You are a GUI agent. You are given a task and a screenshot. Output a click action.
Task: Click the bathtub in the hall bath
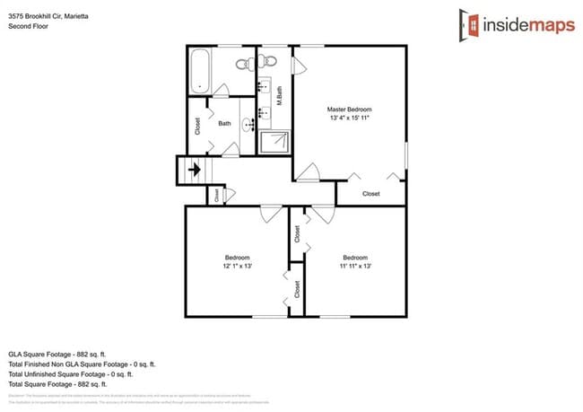tap(198, 71)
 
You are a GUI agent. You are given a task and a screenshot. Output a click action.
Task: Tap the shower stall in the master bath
tap(274, 143)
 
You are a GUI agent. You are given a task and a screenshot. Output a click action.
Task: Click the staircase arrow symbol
tap(192, 169)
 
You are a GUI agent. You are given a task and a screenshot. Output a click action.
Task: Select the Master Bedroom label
tap(349, 109)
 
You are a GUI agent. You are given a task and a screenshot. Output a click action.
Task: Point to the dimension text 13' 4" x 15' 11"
tap(349, 118)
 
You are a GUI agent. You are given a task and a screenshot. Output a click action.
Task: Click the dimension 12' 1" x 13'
tap(238, 267)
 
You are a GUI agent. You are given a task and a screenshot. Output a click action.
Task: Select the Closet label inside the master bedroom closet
tap(370, 194)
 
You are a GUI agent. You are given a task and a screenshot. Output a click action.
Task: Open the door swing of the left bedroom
tap(270, 214)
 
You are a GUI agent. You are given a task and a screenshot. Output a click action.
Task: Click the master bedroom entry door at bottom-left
tap(309, 171)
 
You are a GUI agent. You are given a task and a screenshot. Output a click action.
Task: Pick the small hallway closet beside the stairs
tap(218, 194)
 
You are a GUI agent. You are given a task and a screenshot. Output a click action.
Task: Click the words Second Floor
tap(29, 27)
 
